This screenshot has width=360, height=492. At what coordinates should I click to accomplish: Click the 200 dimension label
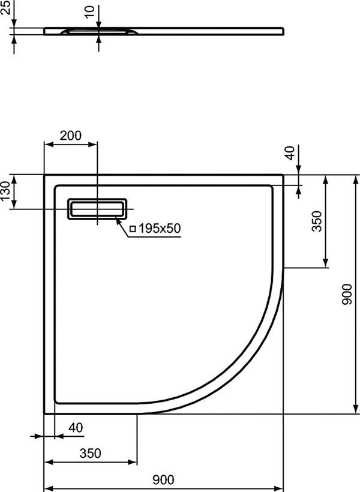(x=71, y=136)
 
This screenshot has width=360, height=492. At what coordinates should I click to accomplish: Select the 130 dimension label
(x=5, y=191)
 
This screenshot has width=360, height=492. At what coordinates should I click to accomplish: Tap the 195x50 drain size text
(x=160, y=228)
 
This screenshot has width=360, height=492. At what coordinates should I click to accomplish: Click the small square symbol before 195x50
(x=133, y=229)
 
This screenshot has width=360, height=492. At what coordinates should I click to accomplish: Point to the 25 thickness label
(x=5, y=7)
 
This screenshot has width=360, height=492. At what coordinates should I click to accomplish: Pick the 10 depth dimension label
(x=90, y=12)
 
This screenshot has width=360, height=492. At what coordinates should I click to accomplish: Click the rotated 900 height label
(x=347, y=295)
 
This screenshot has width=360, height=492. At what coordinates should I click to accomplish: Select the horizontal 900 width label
(x=163, y=479)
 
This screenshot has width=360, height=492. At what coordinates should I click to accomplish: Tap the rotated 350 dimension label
(x=317, y=221)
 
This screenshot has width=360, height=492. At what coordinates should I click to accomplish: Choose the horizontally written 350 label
(x=91, y=453)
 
